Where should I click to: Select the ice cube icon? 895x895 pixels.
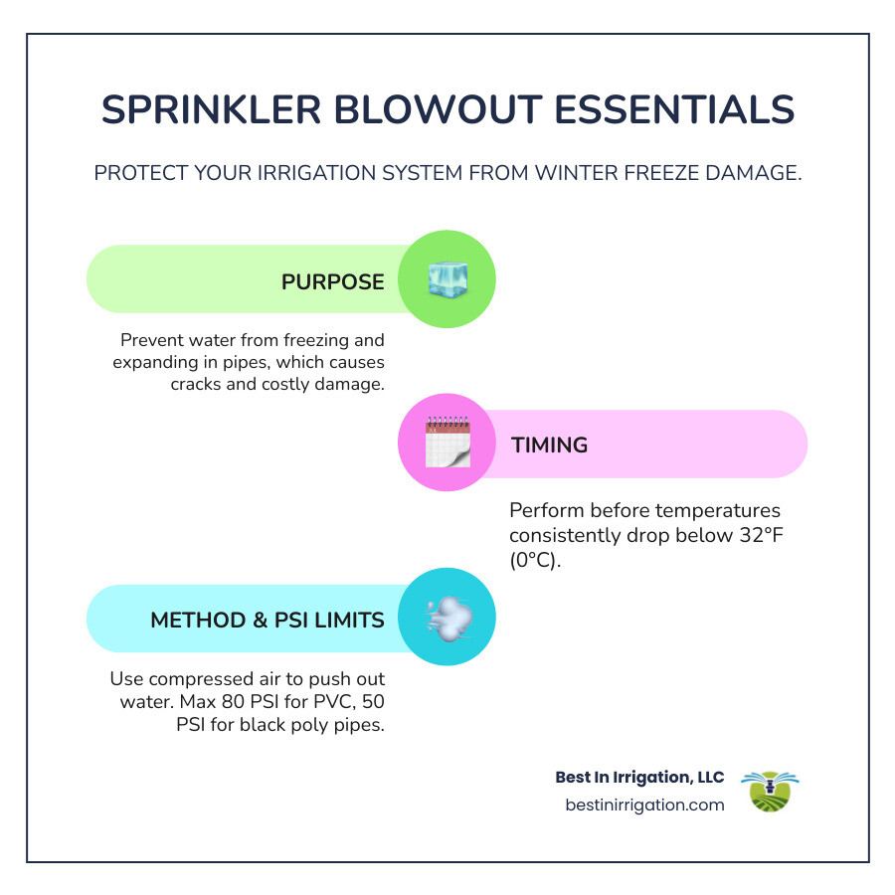[x=447, y=280]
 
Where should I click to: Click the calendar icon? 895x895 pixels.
[x=447, y=445]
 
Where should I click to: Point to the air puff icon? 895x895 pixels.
[x=447, y=619]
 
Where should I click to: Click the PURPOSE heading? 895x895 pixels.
[x=332, y=281]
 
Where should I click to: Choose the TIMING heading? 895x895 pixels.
[x=549, y=445]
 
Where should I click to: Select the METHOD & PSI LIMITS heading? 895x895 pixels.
[x=267, y=620]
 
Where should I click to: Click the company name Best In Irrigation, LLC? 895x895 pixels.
[x=639, y=777]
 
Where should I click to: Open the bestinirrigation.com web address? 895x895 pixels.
[x=644, y=805]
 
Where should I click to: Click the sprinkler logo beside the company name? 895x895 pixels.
[x=771, y=791]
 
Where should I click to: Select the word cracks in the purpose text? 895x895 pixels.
[x=199, y=384]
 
